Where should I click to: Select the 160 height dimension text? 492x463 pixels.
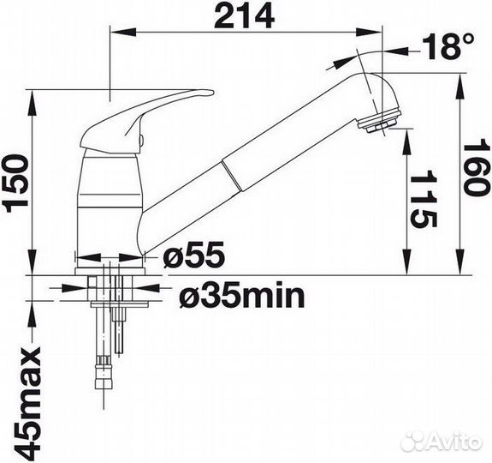[476, 170]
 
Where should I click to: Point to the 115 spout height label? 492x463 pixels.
[424, 199]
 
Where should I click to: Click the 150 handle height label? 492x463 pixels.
[15, 185]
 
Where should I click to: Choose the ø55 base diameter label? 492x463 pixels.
[194, 255]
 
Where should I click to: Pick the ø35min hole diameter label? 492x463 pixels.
[242, 297]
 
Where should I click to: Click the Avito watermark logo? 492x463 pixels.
[443, 441]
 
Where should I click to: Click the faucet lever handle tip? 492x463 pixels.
[210, 92]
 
